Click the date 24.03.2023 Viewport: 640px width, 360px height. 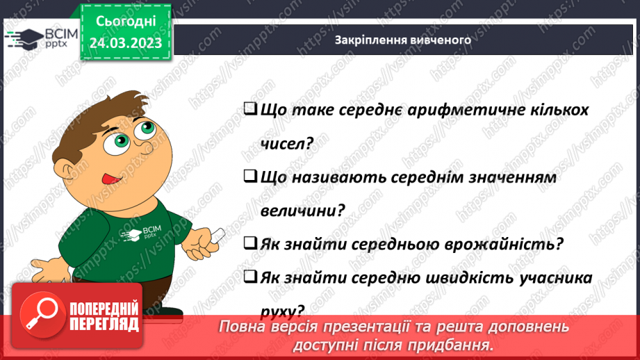[125, 44]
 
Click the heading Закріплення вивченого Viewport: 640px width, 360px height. [403, 40]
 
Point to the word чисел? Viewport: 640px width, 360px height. [286, 143]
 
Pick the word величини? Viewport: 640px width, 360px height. [303, 211]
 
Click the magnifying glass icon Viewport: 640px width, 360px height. [39, 313]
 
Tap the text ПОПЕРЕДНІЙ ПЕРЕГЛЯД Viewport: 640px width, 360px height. [104, 317]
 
